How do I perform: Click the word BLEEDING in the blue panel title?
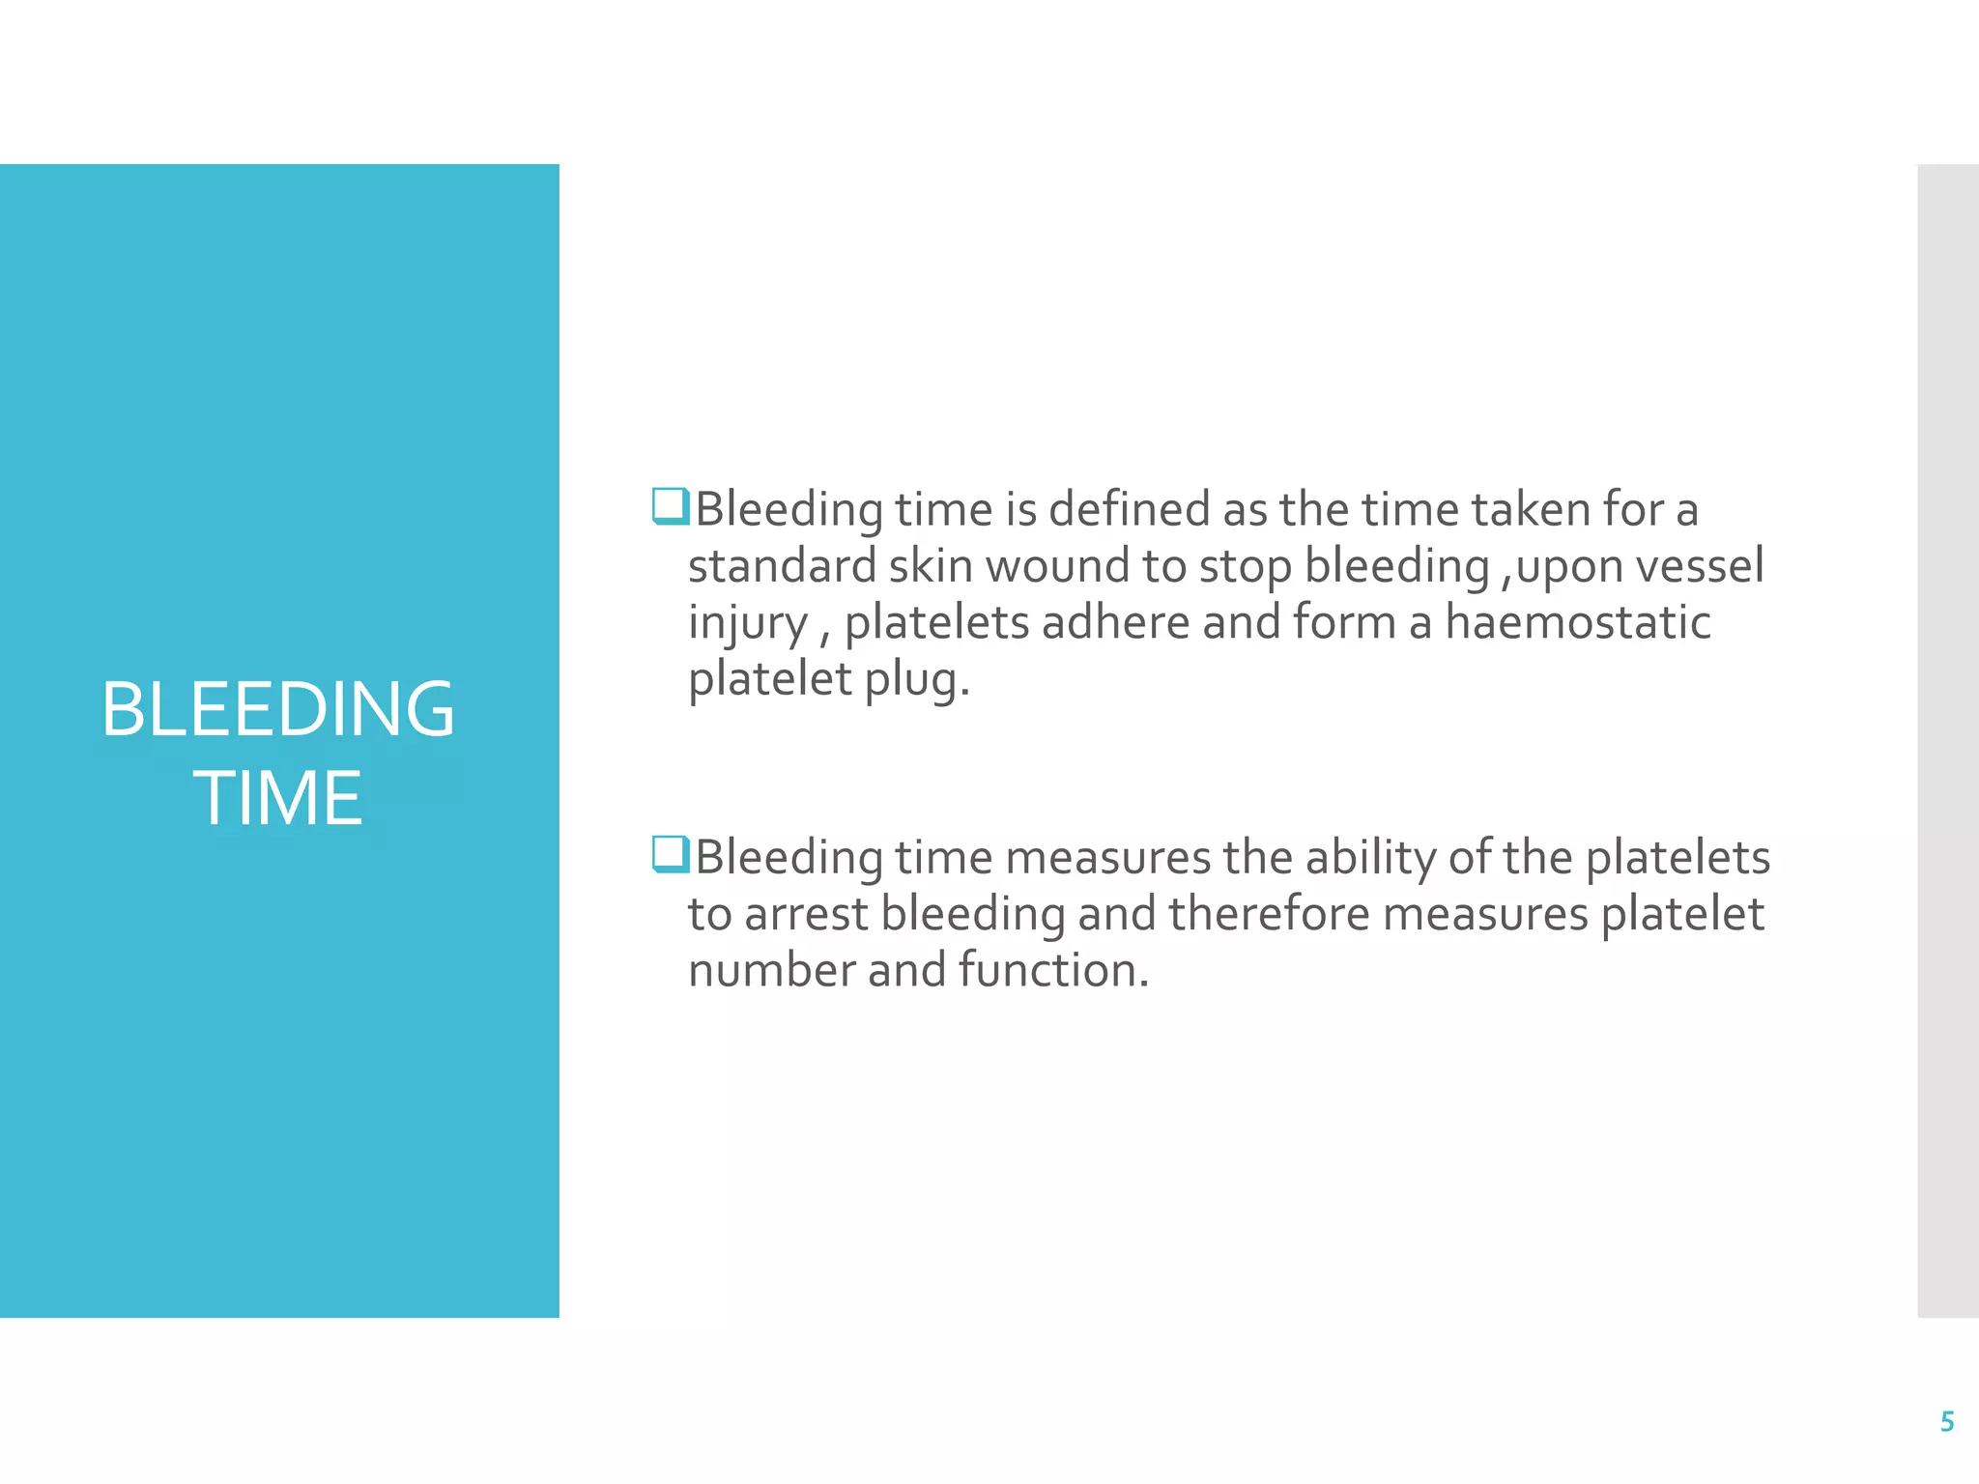coord(278,709)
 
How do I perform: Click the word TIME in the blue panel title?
coord(278,798)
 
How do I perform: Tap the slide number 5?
coord(1947,1421)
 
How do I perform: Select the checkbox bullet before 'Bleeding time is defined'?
coord(671,506)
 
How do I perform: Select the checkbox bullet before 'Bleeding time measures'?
coord(671,854)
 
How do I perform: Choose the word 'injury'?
coord(747,624)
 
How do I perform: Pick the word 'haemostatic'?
coord(1577,622)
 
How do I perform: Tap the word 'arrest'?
coord(806,914)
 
